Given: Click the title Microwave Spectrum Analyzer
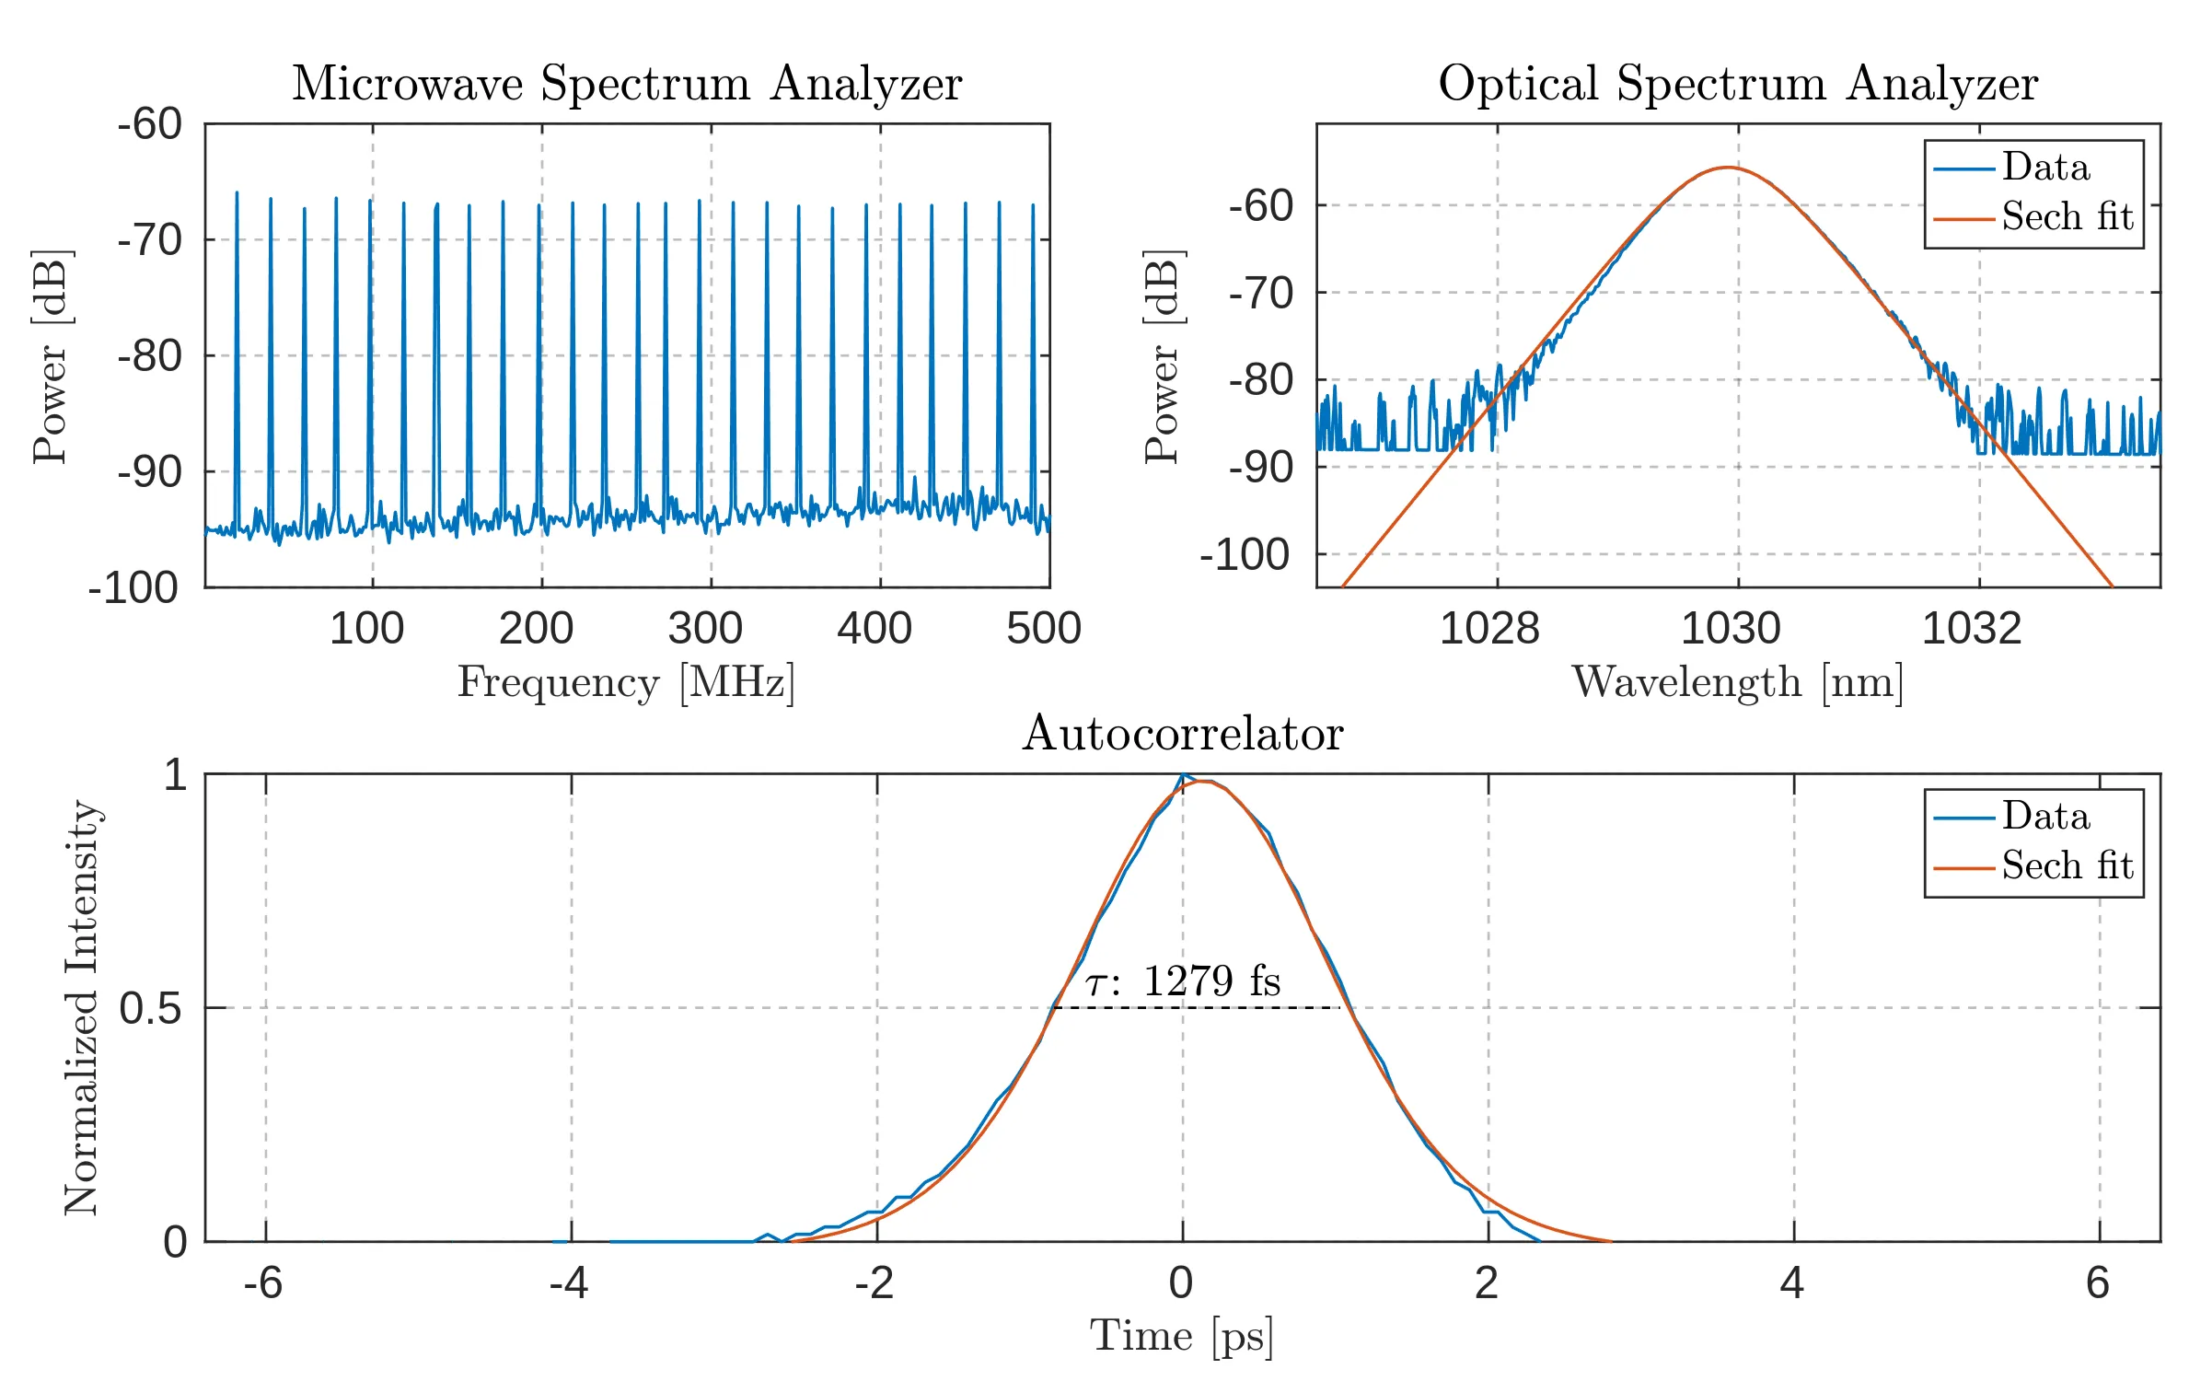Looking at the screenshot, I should point(627,84).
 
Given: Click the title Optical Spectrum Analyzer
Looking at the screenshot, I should point(1738,84).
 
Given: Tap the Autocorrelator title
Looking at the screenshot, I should point(1183,734).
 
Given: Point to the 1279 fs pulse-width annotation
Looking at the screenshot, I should point(1184,981).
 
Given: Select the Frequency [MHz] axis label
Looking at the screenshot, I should point(626,683).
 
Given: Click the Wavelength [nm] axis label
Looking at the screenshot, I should point(1737,683).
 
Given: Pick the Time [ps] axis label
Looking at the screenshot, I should point(1182,1336).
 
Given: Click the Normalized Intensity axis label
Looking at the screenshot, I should point(82,1007).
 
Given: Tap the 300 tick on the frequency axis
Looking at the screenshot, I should point(705,629).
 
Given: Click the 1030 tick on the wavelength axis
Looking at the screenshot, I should point(1732,629).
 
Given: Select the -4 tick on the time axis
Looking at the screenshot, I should point(569,1282).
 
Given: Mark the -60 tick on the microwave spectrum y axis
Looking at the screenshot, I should point(149,124).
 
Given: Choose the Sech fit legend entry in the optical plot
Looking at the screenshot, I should point(2067,218).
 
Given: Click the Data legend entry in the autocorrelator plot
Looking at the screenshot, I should point(2045,817).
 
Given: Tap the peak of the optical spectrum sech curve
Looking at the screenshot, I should point(1727,168).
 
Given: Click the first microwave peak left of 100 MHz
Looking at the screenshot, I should point(237,193).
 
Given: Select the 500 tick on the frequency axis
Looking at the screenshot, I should point(1044,629).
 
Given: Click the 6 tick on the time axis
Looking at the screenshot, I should point(2098,1282).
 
